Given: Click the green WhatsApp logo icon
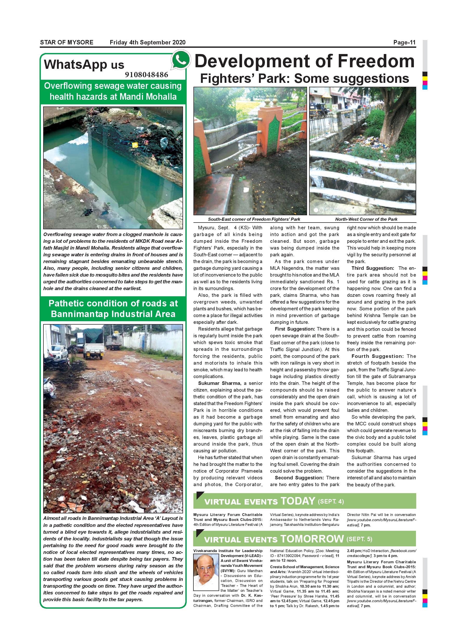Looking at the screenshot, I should pos(181,61).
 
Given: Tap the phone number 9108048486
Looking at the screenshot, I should pos(147,75).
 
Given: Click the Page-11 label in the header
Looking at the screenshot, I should pos(404,43).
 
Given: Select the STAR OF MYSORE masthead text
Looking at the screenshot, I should pos(67,43).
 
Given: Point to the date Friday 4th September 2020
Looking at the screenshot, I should pos(147,43).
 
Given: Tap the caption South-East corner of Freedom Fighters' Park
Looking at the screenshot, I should pos(254,219).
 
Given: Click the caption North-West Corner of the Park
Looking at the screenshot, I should pos(366,219).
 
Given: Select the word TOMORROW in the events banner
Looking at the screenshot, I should pos(312,539).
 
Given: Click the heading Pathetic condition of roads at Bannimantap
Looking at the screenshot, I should pos(113,308).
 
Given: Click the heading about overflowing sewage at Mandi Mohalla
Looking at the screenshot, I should pos(113,91).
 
